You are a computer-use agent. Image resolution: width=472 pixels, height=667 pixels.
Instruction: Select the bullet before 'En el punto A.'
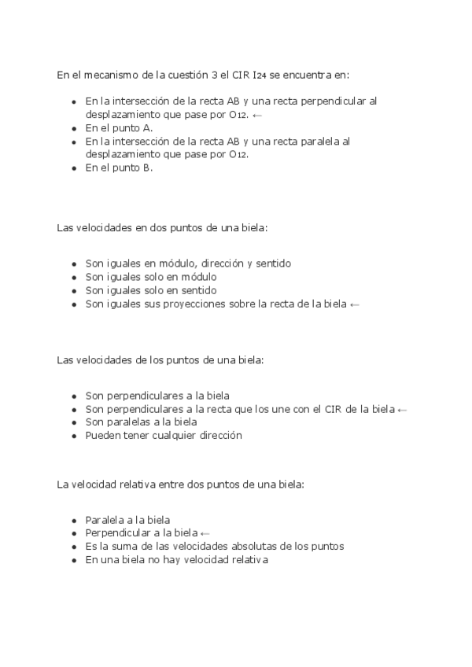click(74, 128)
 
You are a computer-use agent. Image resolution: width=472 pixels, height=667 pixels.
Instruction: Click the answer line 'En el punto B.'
click(119, 168)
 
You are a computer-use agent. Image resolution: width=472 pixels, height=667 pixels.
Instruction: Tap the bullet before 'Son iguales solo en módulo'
click(74, 278)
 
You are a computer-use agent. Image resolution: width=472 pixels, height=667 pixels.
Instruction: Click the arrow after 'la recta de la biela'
click(355, 304)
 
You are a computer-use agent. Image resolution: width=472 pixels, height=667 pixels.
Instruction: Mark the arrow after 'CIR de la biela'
click(403, 409)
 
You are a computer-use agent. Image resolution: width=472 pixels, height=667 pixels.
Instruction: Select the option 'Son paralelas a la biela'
click(141, 422)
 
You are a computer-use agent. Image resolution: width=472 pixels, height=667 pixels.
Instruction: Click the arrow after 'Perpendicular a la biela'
click(205, 533)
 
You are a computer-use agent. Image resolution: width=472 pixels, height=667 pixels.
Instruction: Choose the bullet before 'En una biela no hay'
click(74, 560)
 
